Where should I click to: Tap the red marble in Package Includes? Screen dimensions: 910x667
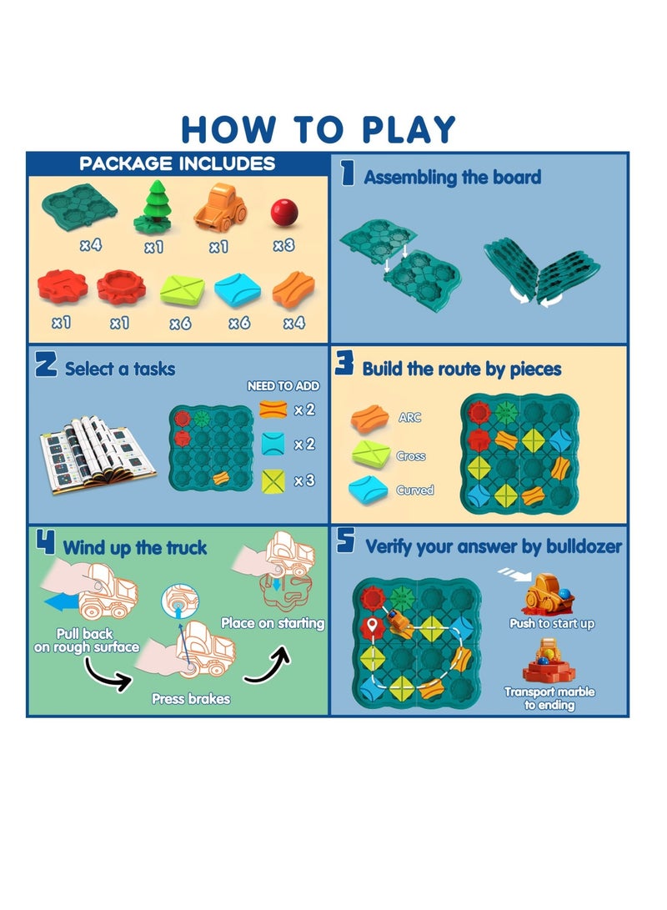(283, 212)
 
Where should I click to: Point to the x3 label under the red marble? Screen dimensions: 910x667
(284, 245)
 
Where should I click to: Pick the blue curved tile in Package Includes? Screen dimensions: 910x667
(238, 289)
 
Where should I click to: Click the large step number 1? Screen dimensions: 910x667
(349, 175)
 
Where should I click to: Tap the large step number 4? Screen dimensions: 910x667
(46, 545)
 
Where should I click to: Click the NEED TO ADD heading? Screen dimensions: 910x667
(283, 386)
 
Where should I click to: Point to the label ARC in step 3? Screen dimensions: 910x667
(410, 417)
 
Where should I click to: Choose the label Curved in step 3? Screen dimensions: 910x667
(415, 490)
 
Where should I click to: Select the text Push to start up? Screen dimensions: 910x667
(552, 624)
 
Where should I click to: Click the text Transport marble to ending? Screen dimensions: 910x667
(549, 699)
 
